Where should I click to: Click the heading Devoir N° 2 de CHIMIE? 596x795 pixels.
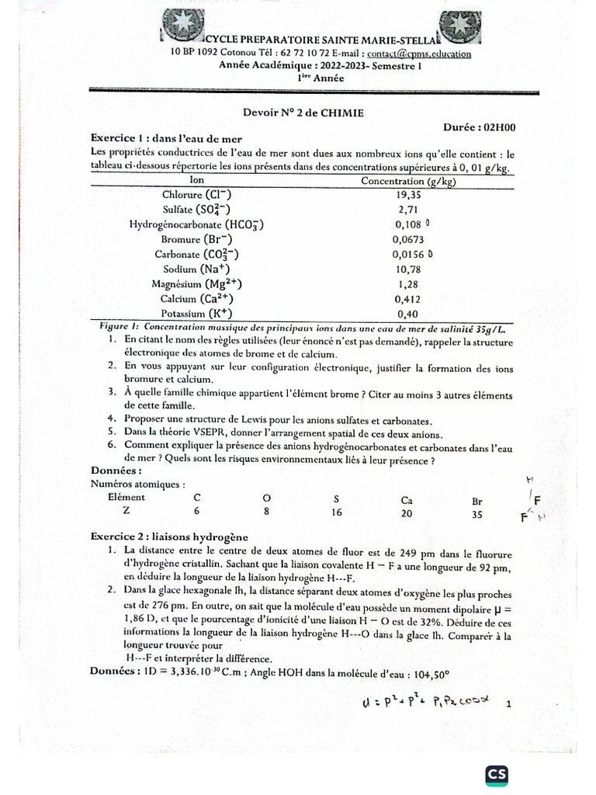click(298, 113)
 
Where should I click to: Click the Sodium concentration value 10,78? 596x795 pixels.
click(408, 269)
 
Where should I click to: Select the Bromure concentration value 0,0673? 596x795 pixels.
click(408, 239)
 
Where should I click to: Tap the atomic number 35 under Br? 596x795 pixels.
click(478, 512)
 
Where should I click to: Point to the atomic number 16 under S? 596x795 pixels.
click(336, 512)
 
